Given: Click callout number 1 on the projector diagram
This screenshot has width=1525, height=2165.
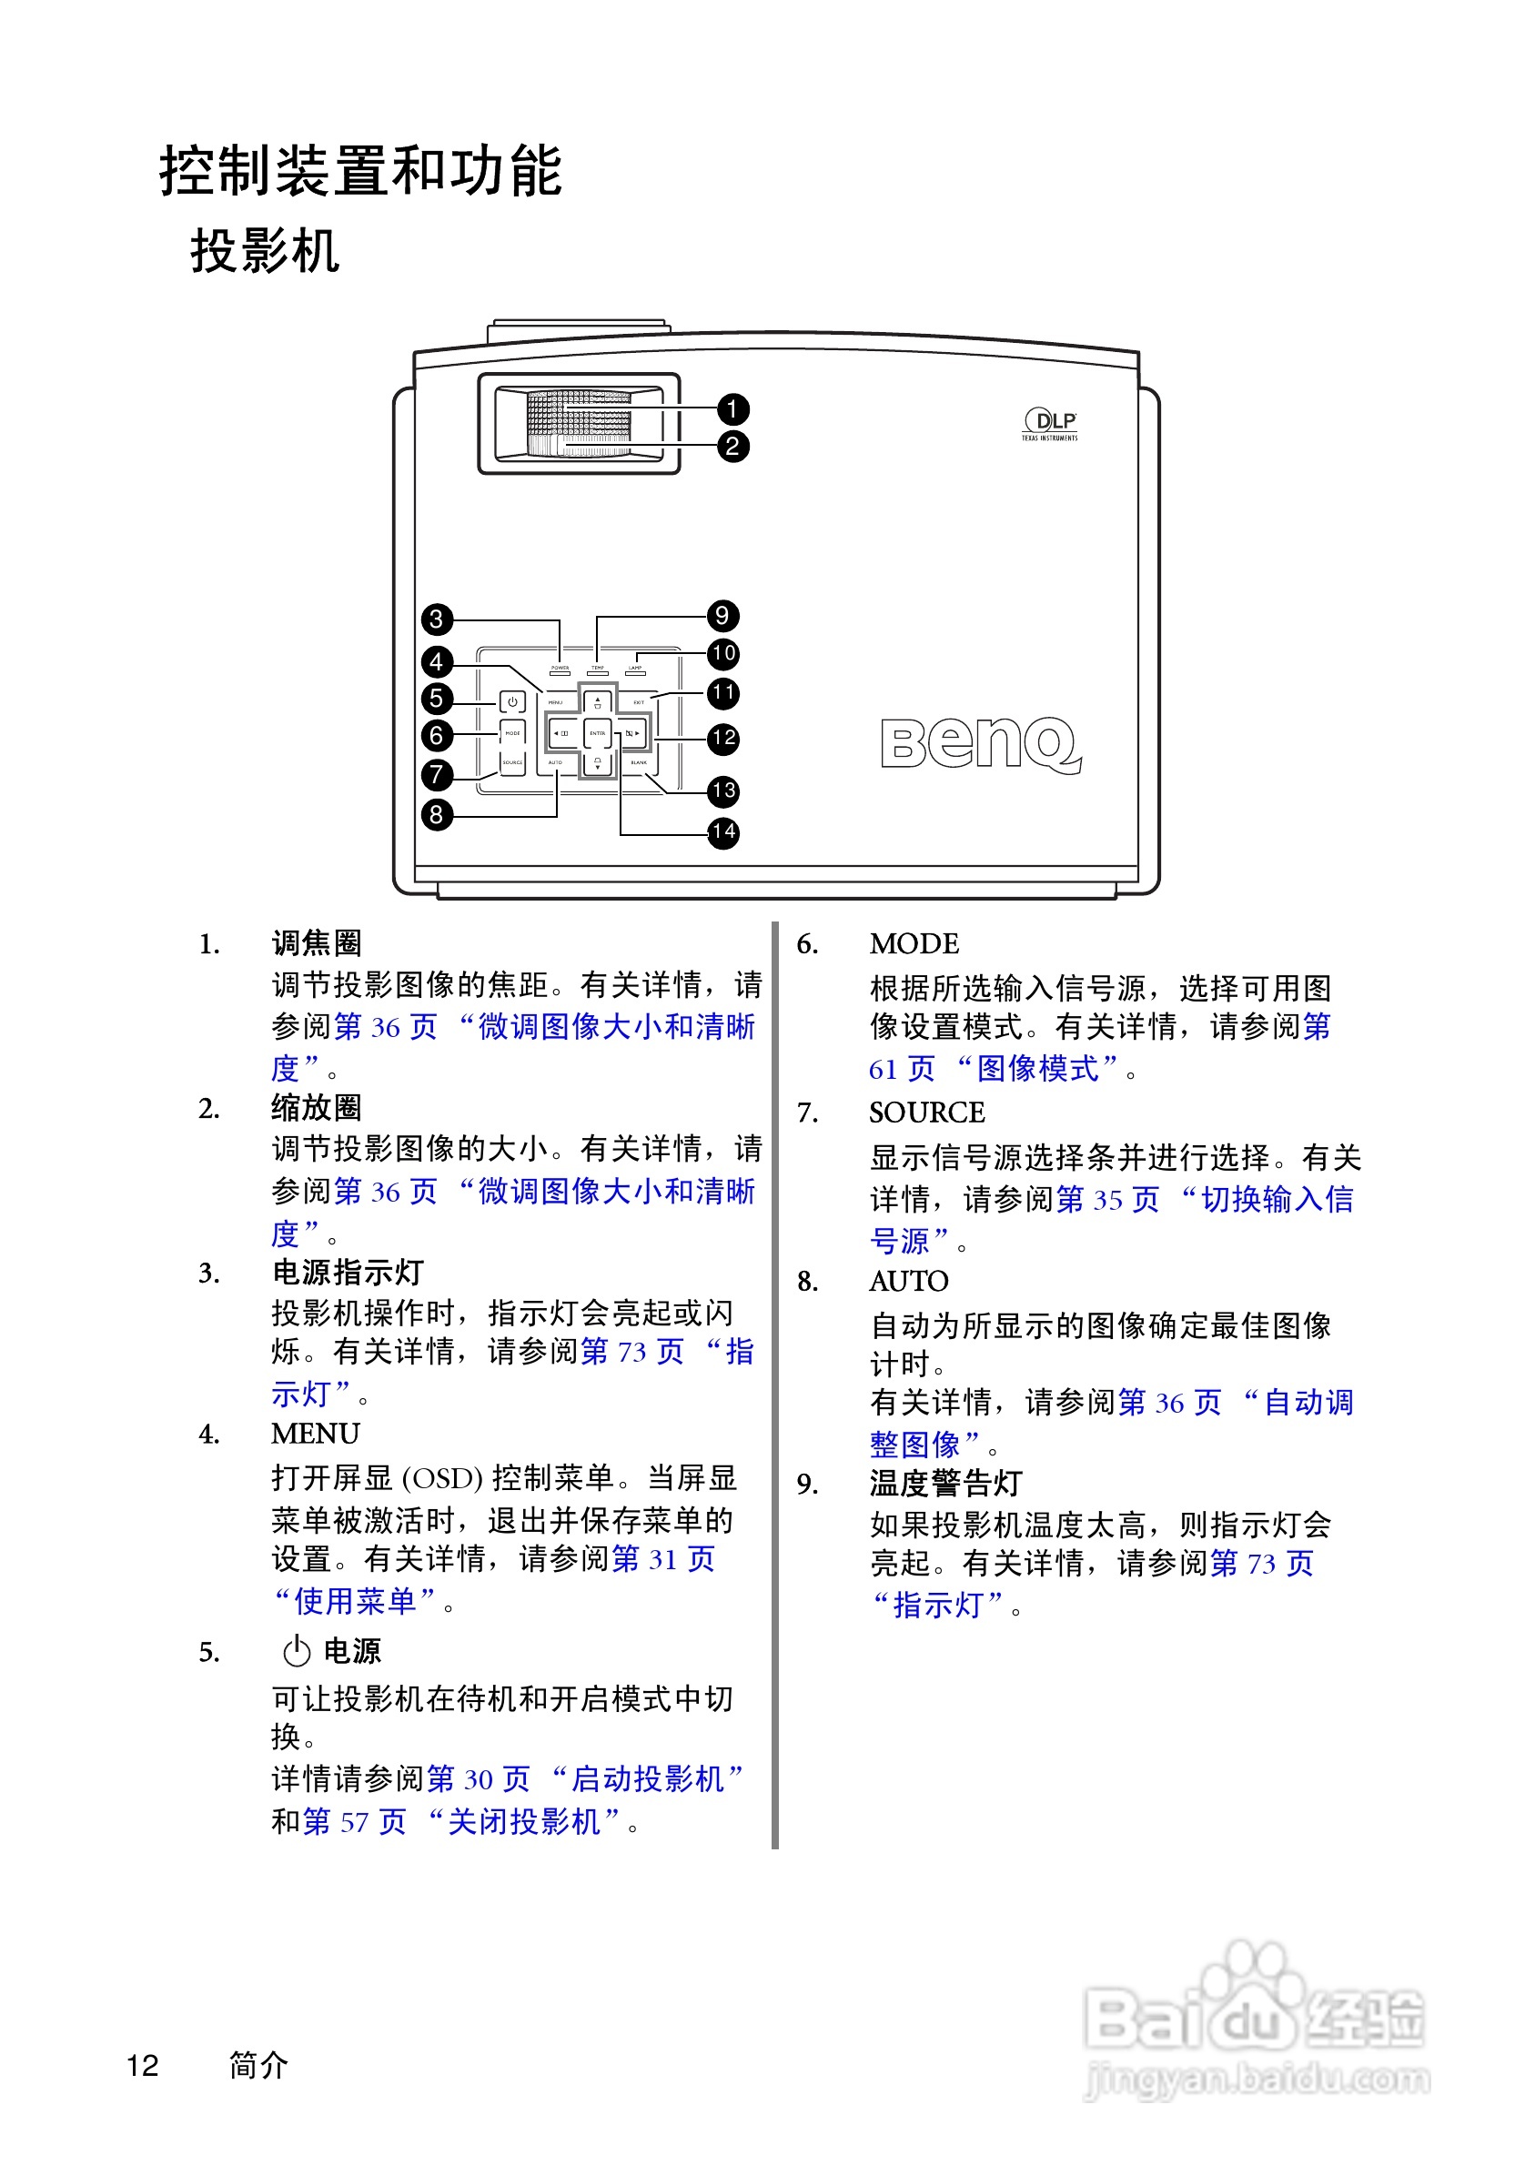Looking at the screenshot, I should coord(732,409).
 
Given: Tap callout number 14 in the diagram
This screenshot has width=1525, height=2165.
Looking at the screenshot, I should coord(723,832).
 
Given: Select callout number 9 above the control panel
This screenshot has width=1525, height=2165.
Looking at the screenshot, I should coord(722,617).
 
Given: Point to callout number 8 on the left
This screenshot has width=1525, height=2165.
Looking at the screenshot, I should coord(436,815).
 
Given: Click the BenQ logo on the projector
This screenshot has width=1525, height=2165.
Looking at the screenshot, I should coord(980,744).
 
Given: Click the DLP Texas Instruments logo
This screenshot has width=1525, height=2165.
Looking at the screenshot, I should coord(1049,424).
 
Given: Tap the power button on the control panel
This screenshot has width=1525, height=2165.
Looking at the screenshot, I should coord(512,702).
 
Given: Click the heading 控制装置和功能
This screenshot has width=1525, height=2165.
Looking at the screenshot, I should coord(360,172).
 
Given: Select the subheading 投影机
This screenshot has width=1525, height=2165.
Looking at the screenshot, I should coord(264,251).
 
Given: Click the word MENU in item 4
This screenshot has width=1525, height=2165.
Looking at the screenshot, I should coord(315,1434).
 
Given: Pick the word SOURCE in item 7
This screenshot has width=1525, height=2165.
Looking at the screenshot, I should coord(926,1113).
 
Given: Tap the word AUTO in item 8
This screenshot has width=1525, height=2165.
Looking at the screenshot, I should coord(908,1282).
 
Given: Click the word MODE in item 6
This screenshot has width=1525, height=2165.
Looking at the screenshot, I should coord(914,944).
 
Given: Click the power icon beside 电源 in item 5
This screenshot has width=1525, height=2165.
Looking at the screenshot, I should coord(296,1651).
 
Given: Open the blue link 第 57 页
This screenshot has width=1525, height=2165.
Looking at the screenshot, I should coord(354,1821).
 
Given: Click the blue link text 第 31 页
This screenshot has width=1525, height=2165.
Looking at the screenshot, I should coord(663,1558).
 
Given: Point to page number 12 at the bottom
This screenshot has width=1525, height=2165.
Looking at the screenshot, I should coord(143,2065).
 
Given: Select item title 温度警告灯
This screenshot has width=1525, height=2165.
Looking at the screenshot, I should coord(945,1484).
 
